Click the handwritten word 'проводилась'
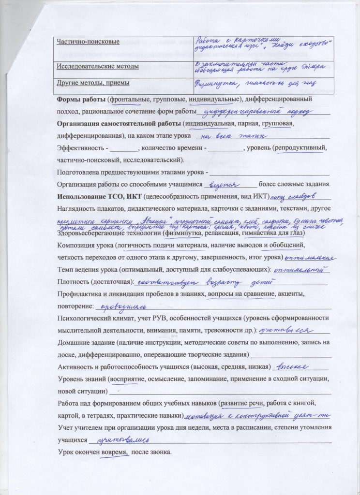[x=121, y=306]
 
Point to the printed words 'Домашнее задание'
[x=86, y=342]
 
